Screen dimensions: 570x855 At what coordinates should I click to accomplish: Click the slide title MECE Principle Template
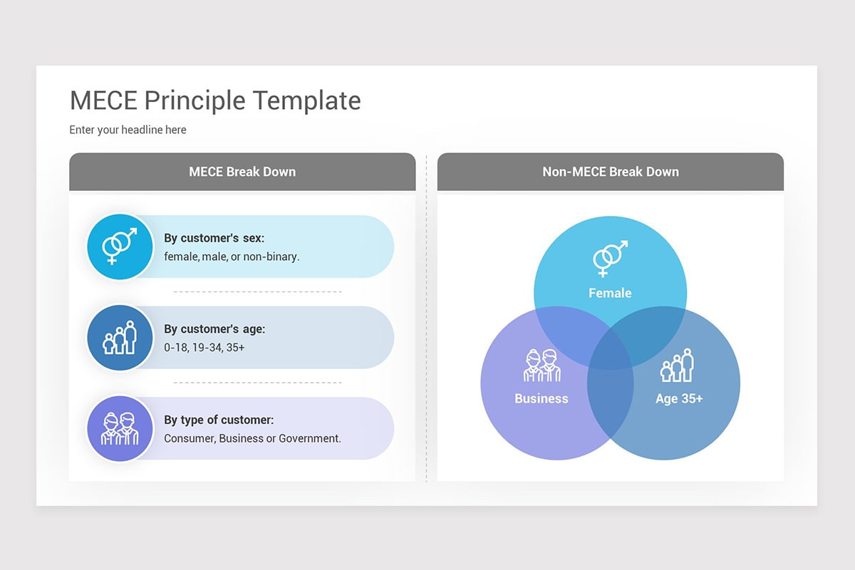[215, 100]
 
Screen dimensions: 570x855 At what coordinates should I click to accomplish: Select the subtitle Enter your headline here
[128, 130]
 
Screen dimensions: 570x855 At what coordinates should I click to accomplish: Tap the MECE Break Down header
[242, 172]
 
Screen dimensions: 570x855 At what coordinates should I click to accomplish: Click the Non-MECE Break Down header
[611, 172]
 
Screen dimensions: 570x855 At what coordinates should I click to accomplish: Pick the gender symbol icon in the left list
[120, 247]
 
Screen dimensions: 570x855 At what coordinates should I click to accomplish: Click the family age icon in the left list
[120, 338]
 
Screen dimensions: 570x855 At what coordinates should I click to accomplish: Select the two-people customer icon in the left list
[120, 429]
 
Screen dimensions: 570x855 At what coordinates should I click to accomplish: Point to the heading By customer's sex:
[214, 238]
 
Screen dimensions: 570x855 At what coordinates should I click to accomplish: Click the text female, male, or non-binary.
[232, 256]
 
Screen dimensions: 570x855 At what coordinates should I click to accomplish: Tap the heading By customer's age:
[214, 329]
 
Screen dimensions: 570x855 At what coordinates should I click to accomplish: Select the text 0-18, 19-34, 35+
[204, 348]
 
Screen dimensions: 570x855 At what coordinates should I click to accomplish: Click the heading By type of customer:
[219, 420]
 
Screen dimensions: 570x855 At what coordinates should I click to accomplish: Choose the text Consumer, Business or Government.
[252, 438]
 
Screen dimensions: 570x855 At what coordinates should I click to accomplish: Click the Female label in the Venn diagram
[610, 293]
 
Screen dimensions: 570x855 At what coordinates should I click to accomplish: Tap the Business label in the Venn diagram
[541, 398]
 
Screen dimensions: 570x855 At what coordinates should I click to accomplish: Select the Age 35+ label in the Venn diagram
[679, 398]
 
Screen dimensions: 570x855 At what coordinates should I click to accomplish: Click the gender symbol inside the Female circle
[610, 258]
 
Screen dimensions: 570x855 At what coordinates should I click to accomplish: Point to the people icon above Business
[542, 366]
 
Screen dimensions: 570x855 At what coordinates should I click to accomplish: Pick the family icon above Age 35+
[678, 366]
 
